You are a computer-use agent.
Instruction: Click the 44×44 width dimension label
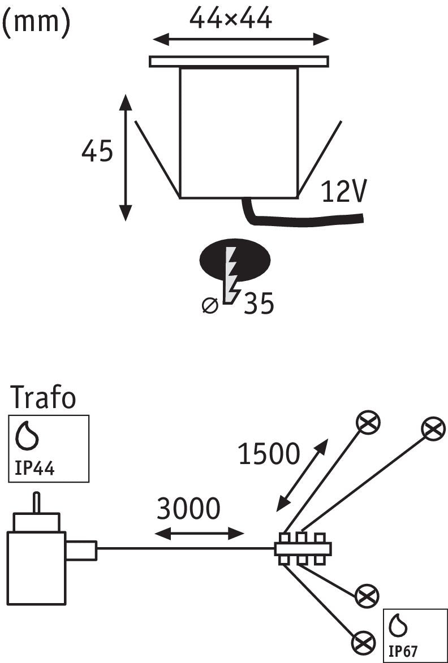coord(230,19)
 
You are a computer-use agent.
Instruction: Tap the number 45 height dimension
coord(97,151)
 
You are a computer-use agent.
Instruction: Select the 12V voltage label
coord(343,192)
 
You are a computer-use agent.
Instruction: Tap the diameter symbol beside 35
coord(210,305)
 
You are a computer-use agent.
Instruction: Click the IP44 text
coord(35,469)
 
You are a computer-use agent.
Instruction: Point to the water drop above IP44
coord(27,435)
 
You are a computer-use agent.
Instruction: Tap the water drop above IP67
coord(398,627)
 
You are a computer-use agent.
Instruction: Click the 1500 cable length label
coord(269,454)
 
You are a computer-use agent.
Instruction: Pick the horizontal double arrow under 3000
coord(199,534)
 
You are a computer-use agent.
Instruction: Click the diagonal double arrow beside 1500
coord(302,475)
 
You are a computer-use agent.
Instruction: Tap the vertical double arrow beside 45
coord(126,158)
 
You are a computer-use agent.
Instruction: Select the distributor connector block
coord(303,548)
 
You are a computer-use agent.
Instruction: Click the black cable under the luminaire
coord(296,216)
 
